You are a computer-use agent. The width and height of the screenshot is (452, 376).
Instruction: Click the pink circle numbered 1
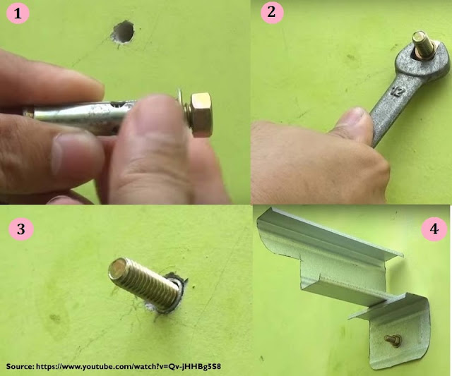(x=18, y=13)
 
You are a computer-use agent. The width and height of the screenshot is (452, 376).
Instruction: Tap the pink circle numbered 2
(x=272, y=13)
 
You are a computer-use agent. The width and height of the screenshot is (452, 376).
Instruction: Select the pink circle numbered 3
(x=21, y=229)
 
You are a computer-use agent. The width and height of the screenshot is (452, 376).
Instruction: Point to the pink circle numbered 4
(x=434, y=229)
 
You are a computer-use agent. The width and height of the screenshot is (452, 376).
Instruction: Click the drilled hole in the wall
(x=123, y=31)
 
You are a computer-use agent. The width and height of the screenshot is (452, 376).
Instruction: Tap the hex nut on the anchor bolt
(x=201, y=114)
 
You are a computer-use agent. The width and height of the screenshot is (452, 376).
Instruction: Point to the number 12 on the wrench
(x=398, y=91)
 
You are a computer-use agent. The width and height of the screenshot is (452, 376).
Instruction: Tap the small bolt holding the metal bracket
(x=393, y=341)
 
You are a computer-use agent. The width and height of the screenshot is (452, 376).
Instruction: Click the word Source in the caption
(x=20, y=367)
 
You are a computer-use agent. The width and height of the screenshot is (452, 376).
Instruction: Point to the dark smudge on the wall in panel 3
(x=55, y=318)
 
